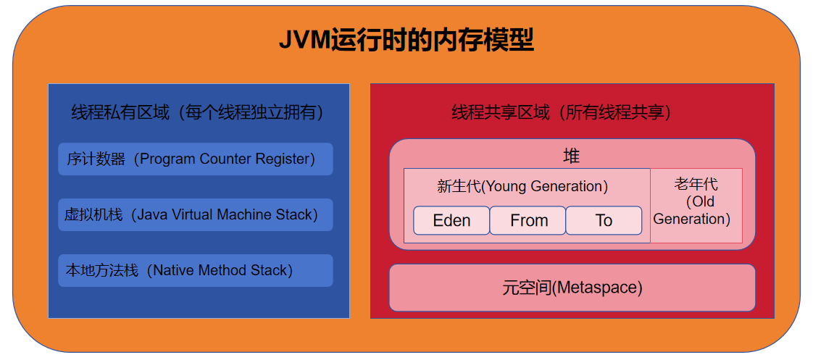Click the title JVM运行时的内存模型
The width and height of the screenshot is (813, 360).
coord(406,41)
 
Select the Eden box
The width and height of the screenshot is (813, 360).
coord(451,221)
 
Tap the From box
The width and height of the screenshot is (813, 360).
coord(528,221)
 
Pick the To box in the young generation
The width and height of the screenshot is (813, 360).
coord(604,221)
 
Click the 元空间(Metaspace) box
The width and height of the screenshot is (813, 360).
coord(572,288)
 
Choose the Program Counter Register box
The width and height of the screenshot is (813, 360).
coord(195,159)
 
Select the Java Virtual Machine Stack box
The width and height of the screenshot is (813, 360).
coord(195,215)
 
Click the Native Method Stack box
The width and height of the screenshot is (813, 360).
coord(195,271)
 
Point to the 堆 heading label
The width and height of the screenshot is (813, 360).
coord(572,156)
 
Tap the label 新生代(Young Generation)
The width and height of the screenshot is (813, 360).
coord(522,186)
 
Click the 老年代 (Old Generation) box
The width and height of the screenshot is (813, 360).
coord(696,206)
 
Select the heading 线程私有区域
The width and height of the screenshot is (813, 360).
coord(120,113)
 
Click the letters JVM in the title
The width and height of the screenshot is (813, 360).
coord(304,41)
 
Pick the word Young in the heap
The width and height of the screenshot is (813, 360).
coord(507,186)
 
